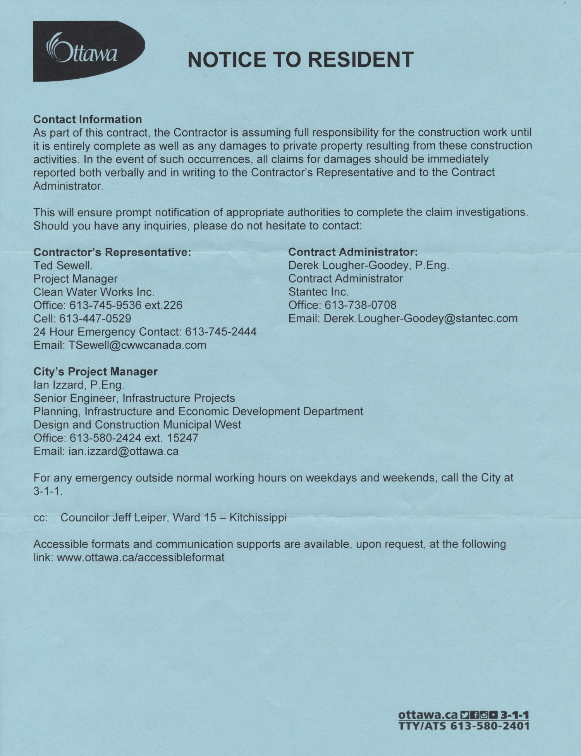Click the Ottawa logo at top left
click(x=88, y=51)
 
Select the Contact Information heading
click(x=88, y=119)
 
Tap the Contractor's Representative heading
click(x=112, y=252)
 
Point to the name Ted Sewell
click(x=63, y=266)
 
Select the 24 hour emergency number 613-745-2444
click(x=221, y=332)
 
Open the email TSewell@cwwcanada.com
click(x=137, y=345)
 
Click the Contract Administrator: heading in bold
click(x=353, y=252)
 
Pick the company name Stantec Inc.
click(x=318, y=292)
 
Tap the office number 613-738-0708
click(x=360, y=305)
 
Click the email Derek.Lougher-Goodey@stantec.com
click(x=421, y=318)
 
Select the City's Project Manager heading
click(x=95, y=371)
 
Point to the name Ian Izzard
click(x=58, y=385)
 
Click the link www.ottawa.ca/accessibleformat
click(x=141, y=558)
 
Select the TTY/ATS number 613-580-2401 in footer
click(x=490, y=726)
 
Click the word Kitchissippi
click(x=258, y=518)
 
